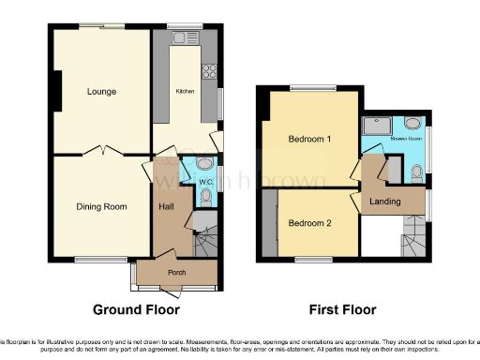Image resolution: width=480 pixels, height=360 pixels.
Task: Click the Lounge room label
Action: pos(101,92)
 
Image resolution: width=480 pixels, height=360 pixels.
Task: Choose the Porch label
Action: pos(176,274)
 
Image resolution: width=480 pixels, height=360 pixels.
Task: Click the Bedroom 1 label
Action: pos(309,140)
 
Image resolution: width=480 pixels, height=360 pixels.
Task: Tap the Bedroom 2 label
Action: pos(309,223)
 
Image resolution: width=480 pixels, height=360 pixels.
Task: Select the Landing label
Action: pos(384,202)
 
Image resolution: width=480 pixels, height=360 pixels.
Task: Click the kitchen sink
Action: pos(179,38)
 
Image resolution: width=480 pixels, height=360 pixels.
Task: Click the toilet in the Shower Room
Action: pos(415,170)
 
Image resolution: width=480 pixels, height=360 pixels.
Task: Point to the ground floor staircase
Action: pos(205,240)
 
